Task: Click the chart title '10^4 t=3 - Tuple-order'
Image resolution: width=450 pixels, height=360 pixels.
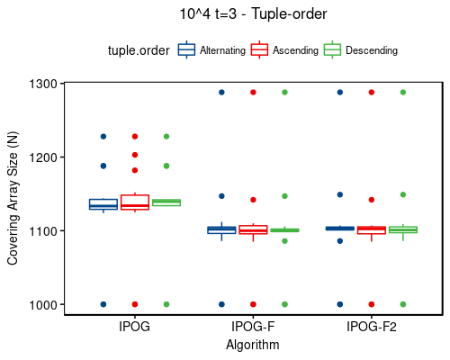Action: pos(252,14)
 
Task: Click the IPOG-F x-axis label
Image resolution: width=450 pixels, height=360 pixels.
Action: pos(253,327)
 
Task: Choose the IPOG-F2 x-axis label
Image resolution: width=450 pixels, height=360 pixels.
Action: pos(371,327)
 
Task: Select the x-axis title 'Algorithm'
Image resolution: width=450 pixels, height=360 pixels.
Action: pos(253,345)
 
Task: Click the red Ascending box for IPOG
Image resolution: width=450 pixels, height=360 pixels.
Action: pos(134,202)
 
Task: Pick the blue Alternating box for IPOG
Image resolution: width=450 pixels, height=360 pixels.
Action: pos(103,204)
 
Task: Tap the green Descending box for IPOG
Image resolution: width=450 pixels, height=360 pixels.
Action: pos(166,202)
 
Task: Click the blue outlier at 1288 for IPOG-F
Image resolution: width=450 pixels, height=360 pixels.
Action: pos(221,92)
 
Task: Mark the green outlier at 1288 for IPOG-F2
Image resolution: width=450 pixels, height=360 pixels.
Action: pos(402,92)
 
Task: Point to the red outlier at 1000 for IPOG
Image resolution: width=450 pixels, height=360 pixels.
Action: pos(134,304)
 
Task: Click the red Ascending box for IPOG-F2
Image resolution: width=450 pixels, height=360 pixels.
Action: pos(371,230)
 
